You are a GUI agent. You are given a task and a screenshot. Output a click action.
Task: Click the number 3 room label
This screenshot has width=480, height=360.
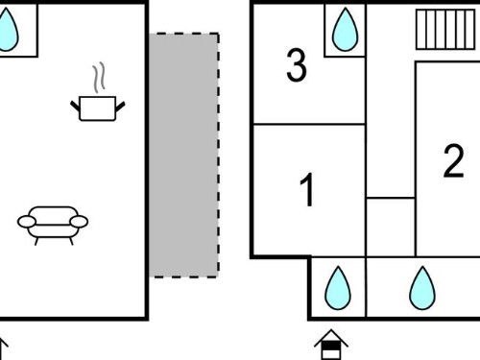click(297, 65)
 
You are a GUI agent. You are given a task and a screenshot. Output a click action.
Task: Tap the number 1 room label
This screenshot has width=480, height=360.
click(307, 190)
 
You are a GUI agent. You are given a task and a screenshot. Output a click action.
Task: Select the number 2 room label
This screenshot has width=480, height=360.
click(453, 161)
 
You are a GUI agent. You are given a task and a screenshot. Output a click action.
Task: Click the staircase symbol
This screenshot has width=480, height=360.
click(445, 30)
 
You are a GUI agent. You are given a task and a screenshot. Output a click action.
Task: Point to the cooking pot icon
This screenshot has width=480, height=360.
click(98, 108)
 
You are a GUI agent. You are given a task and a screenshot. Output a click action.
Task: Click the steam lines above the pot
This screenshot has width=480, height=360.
click(99, 78)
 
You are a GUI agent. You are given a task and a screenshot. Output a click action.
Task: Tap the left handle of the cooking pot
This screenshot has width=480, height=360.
click(75, 106)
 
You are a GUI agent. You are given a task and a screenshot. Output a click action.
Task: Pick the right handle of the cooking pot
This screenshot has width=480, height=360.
click(120, 107)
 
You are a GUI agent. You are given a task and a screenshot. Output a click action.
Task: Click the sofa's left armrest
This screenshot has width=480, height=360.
click(27, 222)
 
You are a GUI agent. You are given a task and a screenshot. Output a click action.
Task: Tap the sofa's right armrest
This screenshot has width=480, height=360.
click(79, 222)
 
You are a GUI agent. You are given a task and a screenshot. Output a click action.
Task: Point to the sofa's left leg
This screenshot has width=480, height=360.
click(36, 241)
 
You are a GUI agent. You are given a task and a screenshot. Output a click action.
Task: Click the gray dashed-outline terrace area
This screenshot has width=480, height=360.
click(184, 155)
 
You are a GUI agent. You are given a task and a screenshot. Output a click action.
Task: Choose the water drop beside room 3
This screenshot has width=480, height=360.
click(345, 30)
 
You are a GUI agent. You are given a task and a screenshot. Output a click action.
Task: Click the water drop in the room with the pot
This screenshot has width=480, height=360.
click(7, 30)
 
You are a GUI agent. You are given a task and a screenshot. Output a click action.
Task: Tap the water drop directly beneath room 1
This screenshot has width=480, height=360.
click(338, 288)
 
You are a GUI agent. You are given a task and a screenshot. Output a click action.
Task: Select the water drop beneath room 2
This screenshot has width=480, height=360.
click(422, 288)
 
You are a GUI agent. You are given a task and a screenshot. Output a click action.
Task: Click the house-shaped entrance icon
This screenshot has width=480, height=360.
click(331, 345)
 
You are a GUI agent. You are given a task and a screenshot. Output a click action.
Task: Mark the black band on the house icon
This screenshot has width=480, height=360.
click(331, 346)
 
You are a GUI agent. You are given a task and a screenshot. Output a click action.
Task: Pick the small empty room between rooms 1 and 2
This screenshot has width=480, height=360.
click(391, 227)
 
